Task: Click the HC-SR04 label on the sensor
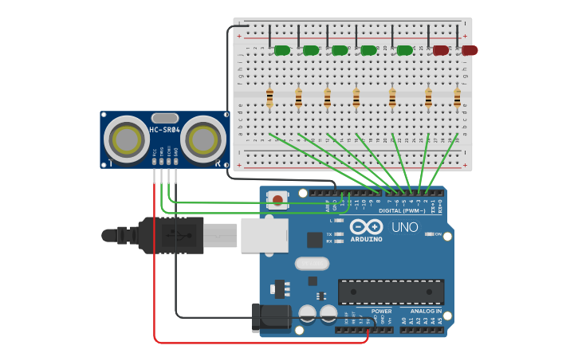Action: tap(165, 130)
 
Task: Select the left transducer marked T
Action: tap(127, 139)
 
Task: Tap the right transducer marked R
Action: tap(202, 139)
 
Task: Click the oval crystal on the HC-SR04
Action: tap(164, 118)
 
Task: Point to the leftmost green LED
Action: tap(281, 50)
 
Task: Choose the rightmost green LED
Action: tap(405, 50)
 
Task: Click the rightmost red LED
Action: tap(470, 50)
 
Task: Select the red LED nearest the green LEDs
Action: tap(441, 50)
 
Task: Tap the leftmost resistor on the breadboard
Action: tap(269, 98)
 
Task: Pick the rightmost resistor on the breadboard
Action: tap(457, 98)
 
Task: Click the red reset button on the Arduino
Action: tap(277, 199)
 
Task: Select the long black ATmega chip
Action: tap(391, 292)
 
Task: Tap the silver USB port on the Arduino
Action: tap(264, 235)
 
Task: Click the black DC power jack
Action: tap(269, 317)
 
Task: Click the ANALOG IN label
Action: tap(427, 311)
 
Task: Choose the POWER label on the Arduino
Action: tap(381, 311)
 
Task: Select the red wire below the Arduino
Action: tap(255, 343)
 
